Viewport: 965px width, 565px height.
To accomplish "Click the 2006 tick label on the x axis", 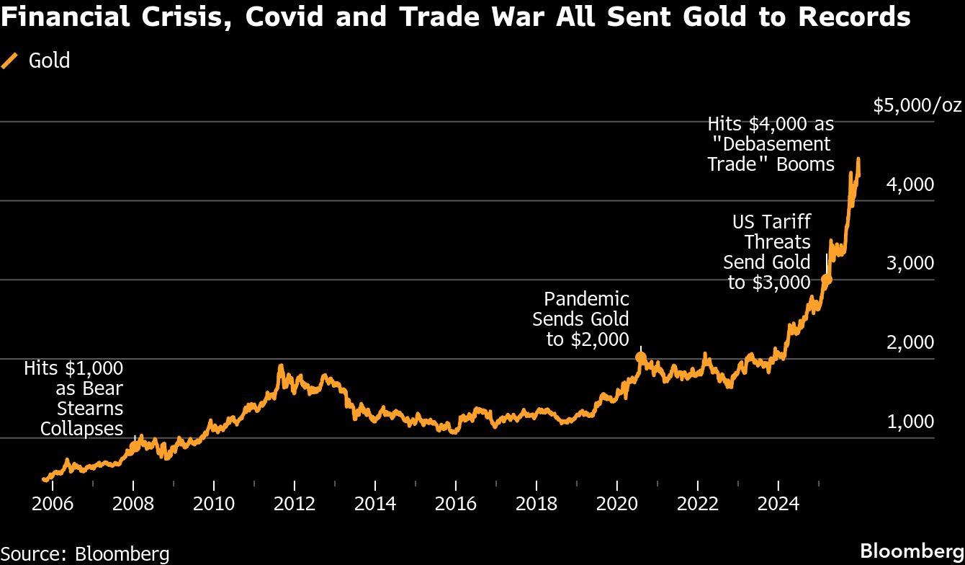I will point(53,502).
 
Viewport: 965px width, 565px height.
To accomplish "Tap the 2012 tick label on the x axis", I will point(295,502).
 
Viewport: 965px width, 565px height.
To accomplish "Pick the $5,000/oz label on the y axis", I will point(917,106).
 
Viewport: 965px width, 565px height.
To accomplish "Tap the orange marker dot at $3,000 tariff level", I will point(827,279).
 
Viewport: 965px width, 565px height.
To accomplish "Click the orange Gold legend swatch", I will point(10,61).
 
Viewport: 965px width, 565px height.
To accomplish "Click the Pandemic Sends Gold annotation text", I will point(580,319).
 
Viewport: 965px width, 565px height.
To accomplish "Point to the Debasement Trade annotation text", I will point(771,144).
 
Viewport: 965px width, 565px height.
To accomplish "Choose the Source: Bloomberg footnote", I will point(85,553).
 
